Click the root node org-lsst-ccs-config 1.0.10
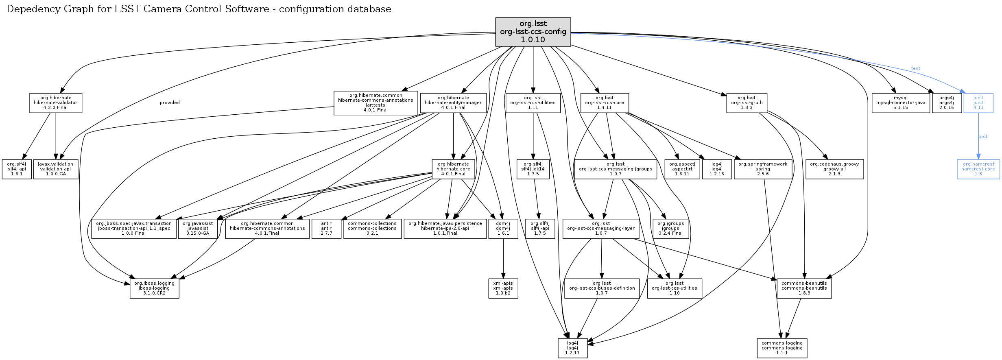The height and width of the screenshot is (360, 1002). pos(533,32)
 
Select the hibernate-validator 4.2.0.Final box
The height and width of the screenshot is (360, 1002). pos(56,103)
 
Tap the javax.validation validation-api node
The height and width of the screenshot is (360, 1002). pos(56,169)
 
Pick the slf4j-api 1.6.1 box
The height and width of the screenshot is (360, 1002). pos(17,169)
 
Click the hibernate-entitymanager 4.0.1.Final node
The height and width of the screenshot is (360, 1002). pos(453,103)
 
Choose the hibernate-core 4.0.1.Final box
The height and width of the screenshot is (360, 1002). pos(453,169)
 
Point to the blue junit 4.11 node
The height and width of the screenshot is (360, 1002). pos(978,103)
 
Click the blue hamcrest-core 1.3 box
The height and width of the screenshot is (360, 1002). pos(978,169)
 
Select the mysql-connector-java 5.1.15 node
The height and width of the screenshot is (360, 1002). pos(900,103)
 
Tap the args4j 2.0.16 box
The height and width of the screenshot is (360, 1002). pos(947,103)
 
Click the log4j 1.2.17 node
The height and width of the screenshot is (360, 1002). pos(572,348)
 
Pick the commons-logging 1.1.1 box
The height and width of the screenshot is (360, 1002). pos(782,348)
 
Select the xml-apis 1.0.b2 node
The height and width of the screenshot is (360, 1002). pos(503,288)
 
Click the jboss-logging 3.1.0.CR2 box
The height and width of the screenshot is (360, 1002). pos(154,288)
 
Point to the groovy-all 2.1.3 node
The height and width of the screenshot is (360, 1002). pos(834,169)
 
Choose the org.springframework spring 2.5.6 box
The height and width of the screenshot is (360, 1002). pos(763,169)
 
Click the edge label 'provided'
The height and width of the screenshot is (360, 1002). pos(170,103)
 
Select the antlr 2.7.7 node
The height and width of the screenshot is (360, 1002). pos(326,229)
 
